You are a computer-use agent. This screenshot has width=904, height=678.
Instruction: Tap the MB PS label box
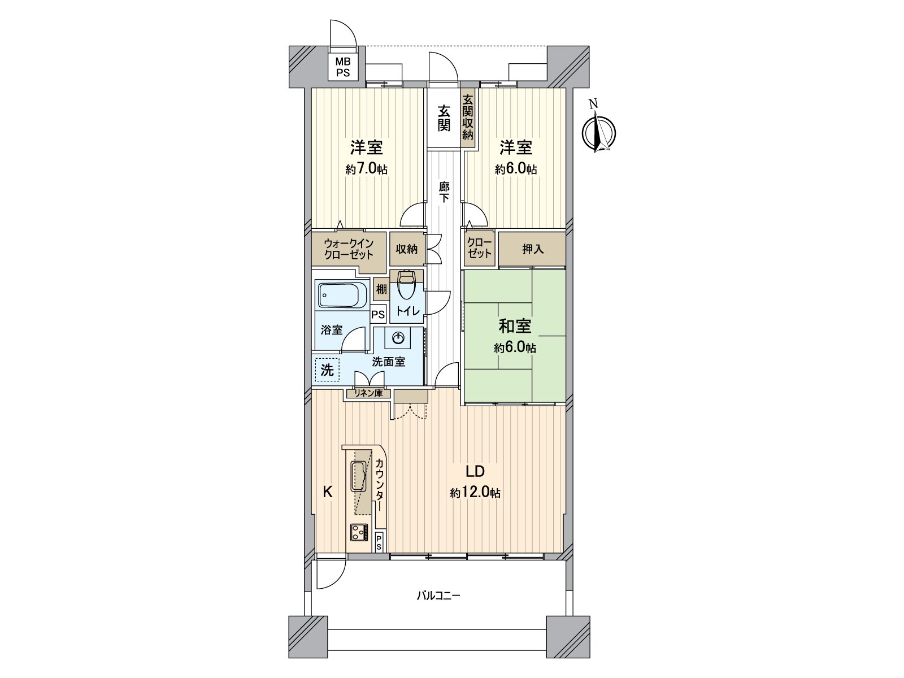(343, 67)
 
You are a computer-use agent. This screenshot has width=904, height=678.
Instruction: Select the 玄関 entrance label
(444, 119)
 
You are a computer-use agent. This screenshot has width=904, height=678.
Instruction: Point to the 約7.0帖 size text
(367, 169)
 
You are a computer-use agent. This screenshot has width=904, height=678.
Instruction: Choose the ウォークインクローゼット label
(349, 249)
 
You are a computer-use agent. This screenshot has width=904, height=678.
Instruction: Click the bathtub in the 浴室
(340, 294)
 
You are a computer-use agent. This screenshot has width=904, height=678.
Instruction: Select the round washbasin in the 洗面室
(399, 338)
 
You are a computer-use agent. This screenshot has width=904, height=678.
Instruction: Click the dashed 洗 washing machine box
(327, 370)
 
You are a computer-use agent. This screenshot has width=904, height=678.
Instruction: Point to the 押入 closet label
(532, 249)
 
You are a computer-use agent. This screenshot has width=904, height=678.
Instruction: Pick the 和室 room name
(514, 327)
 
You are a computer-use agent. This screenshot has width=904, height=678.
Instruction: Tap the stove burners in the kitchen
(359, 532)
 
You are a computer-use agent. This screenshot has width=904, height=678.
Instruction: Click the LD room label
(475, 472)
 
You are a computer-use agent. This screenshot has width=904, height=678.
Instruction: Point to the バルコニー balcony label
(438, 596)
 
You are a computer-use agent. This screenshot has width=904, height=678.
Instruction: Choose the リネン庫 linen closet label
(368, 393)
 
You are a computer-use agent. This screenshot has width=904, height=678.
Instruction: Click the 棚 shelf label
(381, 290)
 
